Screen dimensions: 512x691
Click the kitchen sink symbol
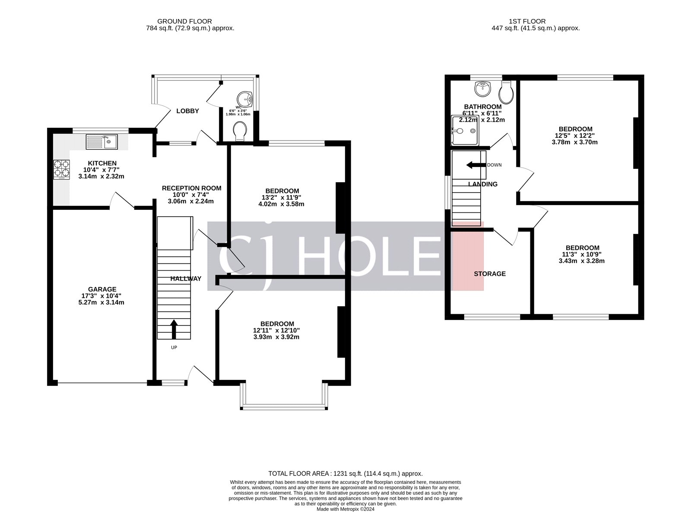(x=101, y=141)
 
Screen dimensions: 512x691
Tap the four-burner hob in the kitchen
(x=61, y=169)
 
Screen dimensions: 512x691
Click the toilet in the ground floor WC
(x=240, y=131)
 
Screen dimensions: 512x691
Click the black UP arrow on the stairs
(x=174, y=329)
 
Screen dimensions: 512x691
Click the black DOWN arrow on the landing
(x=475, y=165)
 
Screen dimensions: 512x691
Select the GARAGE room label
(x=102, y=289)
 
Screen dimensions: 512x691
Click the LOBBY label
(x=187, y=111)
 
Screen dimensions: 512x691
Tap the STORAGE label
(x=489, y=274)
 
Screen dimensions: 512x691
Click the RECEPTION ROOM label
(x=191, y=188)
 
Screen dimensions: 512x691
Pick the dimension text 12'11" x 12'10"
(x=276, y=330)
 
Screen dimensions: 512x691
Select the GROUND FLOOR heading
(x=184, y=21)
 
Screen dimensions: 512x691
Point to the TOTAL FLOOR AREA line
(x=345, y=474)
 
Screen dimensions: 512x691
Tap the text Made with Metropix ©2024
(x=345, y=509)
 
